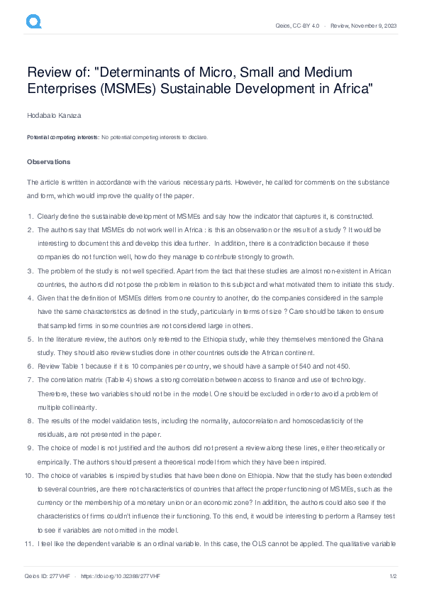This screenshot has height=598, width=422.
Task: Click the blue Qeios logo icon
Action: (x=33, y=23)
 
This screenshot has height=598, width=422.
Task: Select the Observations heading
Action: (x=48, y=161)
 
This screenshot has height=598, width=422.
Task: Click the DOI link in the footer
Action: (x=122, y=576)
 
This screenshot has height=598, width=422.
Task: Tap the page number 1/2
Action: (x=392, y=576)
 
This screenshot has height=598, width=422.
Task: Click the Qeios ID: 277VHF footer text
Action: (x=47, y=576)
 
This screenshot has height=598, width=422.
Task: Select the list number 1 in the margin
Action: (x=30, y=216)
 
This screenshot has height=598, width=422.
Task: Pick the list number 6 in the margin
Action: (x=30, y=366)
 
